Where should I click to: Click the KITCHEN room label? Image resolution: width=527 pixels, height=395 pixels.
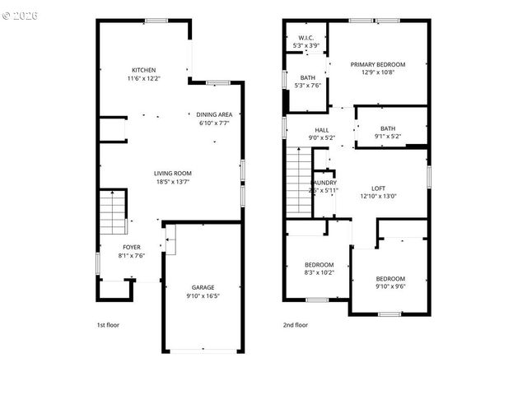(144, 70)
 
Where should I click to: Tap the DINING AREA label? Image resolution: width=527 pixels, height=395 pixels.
(214, 114)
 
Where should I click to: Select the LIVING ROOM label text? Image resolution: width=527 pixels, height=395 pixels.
(173, 173)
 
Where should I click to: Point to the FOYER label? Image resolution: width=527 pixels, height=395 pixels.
(132, 247)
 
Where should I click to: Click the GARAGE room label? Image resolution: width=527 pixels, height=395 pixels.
(203, 287)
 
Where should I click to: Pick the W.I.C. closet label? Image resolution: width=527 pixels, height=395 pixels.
(305, 37)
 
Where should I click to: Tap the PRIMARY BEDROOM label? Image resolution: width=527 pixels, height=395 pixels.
(378, 63)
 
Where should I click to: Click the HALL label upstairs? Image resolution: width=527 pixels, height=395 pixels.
(321, 129)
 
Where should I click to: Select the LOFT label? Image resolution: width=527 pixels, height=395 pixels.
(378, 188)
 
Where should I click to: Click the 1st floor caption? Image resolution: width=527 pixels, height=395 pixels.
(108, 325)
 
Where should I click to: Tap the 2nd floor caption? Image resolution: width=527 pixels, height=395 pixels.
(296, 325)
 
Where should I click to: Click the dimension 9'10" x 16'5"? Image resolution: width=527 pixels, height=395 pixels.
(203, 295)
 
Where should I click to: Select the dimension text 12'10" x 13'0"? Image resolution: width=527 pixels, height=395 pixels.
(378, 196)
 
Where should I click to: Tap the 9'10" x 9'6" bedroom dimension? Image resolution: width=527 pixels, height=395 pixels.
(390, 287)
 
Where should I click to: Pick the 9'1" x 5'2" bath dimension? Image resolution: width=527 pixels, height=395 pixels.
(388, 136)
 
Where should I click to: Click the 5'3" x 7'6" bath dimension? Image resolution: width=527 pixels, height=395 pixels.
(307, 86)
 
